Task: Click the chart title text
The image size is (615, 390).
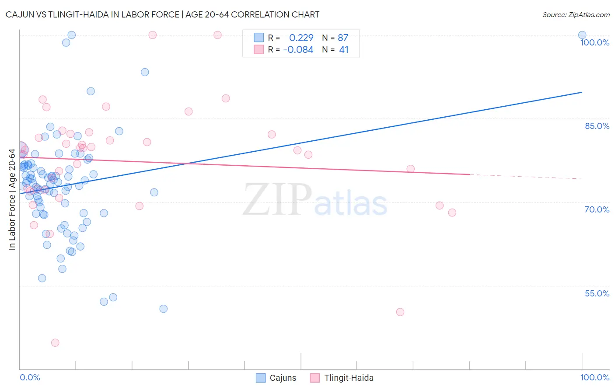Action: click(162, 14)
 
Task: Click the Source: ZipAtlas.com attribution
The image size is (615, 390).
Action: click(576, 14)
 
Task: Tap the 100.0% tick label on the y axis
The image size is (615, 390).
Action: click(594, 42)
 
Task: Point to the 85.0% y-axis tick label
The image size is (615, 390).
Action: click(597, 126)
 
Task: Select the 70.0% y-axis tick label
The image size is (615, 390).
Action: click(597, 209)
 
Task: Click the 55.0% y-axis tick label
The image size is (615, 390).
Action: click(597, 293)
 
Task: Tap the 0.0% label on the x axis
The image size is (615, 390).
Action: click(30, 377)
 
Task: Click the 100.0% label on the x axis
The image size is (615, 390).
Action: click(594, 377)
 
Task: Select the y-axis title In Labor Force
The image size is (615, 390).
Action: click(12, 199)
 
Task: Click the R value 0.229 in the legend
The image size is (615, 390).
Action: click(301, 38)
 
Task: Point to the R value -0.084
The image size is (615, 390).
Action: click(298, 50)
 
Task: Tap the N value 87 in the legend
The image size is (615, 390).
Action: click(343, 38)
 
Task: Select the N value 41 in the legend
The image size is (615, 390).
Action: click(344, 50)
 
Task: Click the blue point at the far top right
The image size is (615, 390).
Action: click(582, 35)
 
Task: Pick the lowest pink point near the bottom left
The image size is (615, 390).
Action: click(55, 343)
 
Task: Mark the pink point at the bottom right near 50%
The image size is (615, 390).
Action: click(400, 312)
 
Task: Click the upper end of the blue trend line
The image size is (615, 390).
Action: click(582, 92)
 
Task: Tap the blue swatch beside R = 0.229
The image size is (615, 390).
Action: click(259, 38)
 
